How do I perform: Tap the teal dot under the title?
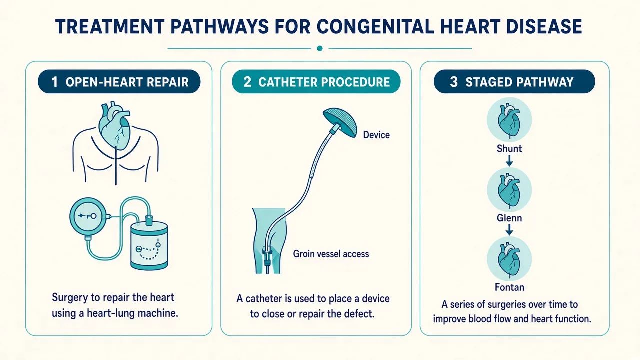coord(320,48)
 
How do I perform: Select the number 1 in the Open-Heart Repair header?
coord(54,82)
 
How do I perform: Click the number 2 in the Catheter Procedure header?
coord(247,82)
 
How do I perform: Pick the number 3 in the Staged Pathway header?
coord(454,82)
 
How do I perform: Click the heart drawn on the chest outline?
coord(114,125)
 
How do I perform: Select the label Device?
coord(376,135)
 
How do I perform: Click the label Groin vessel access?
coord(331,254)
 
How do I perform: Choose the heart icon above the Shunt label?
coord(509,120)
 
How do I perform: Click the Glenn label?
coord(509,218)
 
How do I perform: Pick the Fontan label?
coord(509,287)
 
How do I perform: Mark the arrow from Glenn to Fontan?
coord(509,230)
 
